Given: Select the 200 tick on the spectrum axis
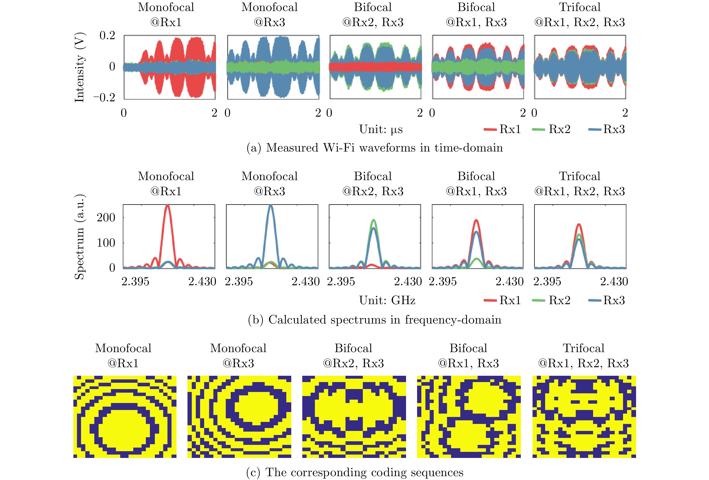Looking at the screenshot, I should tap(106, 217).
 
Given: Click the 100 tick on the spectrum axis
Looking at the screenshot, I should tap(106, 243).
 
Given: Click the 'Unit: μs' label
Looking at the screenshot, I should tap(381, 129).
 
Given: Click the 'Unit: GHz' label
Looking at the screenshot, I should tap(387, 301).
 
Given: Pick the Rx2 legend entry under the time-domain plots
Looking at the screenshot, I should tap(552, 129).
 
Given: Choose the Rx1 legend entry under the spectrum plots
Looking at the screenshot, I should tap(502, 301).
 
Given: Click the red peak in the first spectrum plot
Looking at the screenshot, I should tap(167, 206).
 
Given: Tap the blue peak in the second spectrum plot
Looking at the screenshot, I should tap(271, 206).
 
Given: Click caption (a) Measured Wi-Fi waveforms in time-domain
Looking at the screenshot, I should tap(375, 148).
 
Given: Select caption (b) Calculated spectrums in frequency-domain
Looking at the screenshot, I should tap(375, 320).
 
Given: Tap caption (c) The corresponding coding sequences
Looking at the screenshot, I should tap(355, 472).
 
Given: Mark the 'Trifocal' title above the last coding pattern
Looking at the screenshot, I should tap(583, 348).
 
